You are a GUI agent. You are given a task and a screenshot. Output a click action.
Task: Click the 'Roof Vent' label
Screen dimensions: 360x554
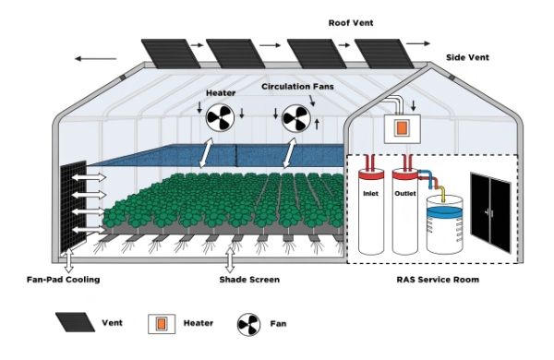(x=351, y=22)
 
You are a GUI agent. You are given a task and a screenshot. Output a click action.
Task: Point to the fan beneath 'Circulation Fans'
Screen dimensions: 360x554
(x=297, y=118)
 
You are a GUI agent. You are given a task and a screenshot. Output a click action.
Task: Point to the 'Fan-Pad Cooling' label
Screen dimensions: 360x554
(x=63, y=279)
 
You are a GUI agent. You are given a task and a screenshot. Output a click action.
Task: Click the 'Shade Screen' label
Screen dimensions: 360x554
(x=249, y=279)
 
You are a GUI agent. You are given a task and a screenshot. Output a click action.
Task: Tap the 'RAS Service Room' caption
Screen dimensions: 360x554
(x=432, y=279)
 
